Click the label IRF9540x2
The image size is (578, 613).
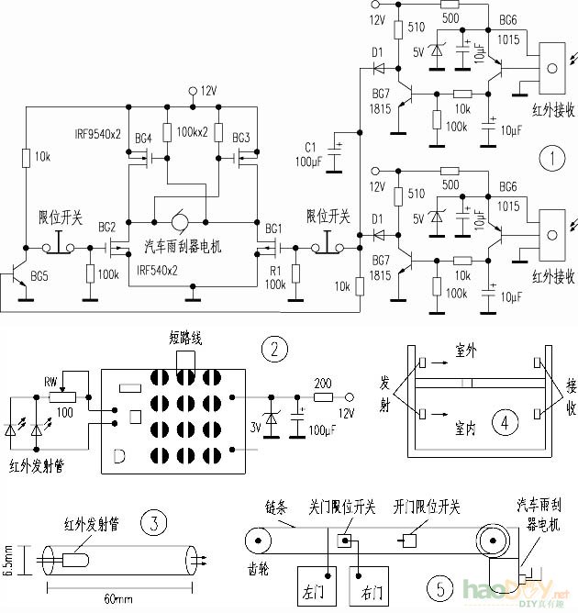96,134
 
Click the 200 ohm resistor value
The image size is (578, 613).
324,382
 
